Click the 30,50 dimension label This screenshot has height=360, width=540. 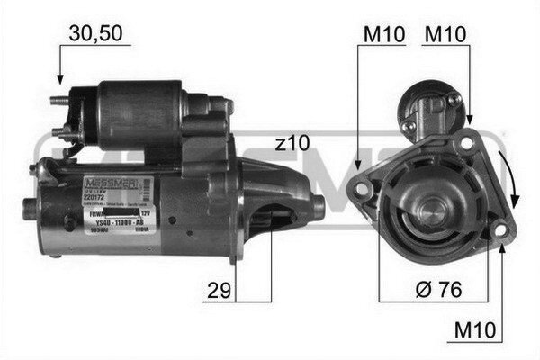click(95, 35)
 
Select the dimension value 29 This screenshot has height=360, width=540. click(216, 291)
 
